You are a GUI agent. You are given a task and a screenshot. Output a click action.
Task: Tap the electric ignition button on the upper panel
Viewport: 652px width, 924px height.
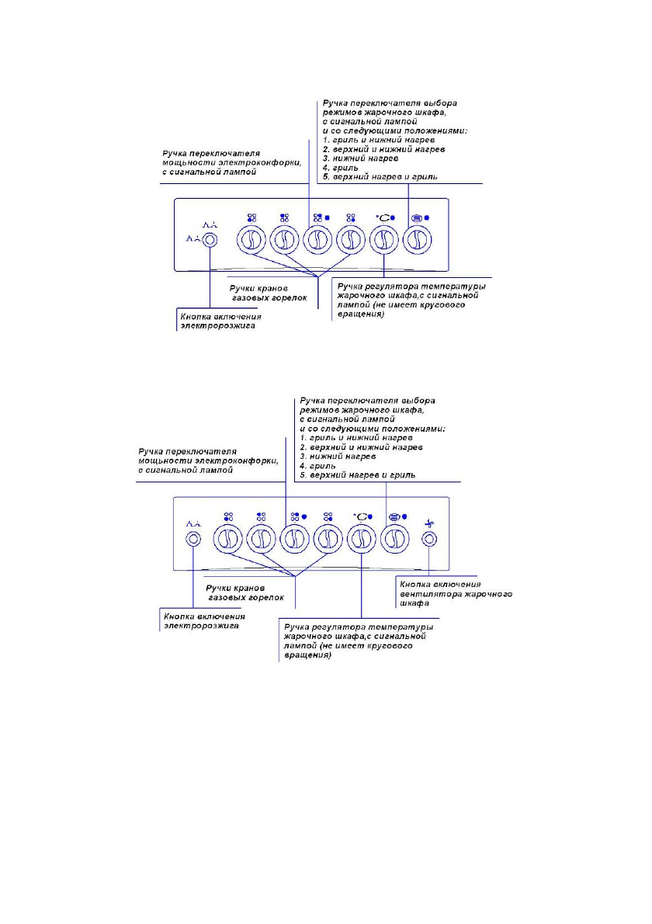210,241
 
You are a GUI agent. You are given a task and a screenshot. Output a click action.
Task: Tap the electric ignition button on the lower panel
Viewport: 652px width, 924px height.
192,537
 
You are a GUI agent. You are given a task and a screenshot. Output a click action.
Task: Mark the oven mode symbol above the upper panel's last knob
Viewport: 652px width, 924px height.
416,219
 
